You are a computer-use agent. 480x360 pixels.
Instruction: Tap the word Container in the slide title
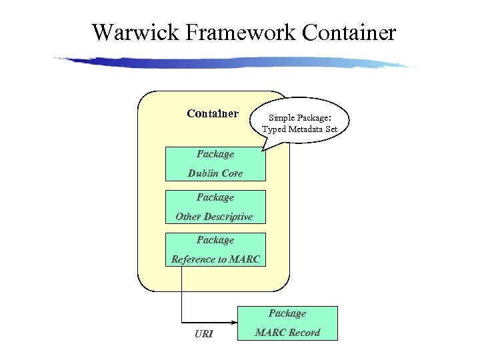pos(349,31)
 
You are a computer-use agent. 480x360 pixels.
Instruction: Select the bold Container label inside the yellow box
pos(213,113)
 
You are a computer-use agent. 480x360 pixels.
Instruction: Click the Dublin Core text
pos(215,173)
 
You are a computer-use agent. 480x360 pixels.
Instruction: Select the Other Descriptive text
pos(214,217)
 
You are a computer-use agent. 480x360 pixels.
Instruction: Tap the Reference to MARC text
pos(215,259)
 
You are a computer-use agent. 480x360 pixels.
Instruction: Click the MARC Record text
pos(287,332)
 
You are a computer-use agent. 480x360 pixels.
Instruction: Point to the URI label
pos(204,333)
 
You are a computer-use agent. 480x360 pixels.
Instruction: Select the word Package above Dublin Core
pos(215,154)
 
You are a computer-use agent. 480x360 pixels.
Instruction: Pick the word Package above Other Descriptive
pos(215,197)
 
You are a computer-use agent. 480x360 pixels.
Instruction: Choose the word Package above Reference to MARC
pos(215,240)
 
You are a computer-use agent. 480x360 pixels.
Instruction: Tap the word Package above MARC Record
pos(287,313)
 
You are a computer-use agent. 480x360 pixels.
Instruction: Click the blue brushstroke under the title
pos(233,62)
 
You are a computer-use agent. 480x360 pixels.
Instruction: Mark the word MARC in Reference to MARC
pos(244,259)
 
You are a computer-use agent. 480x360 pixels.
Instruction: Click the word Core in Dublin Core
pos(232,173)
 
